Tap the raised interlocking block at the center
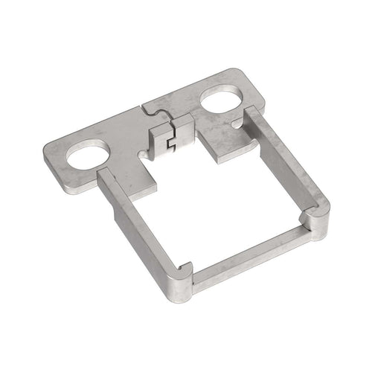coord(170,138)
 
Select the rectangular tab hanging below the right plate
coord(223,148)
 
